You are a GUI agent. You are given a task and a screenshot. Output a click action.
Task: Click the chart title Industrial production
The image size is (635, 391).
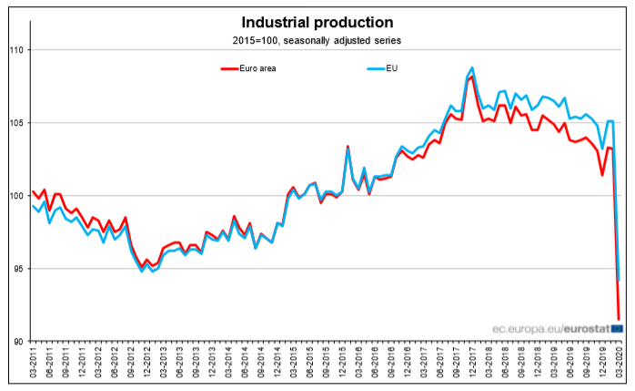click(317, 22)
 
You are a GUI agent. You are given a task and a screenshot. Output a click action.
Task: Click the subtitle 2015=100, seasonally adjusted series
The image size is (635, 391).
click(317, 40)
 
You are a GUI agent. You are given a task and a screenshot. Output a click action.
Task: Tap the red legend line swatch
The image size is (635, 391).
click(234, 68)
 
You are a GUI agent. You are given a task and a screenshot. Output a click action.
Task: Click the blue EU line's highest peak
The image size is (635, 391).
click(472, 67)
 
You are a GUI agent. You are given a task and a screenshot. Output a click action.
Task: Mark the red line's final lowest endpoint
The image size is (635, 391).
click(620, 319)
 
